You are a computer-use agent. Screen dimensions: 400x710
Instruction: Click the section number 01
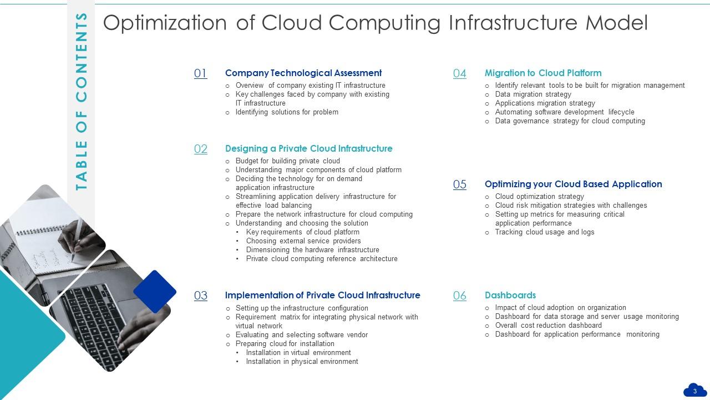200,73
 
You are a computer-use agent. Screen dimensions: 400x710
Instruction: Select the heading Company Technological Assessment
303,73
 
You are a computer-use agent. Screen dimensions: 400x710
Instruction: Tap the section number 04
459,73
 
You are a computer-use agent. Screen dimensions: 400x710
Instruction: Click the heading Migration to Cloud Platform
543,73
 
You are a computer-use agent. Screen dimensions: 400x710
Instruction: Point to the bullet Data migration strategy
532,94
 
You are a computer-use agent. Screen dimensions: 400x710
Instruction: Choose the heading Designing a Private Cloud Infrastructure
308,148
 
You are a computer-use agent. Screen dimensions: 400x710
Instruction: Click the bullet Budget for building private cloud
287,161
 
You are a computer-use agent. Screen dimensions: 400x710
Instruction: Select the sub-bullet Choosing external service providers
303,241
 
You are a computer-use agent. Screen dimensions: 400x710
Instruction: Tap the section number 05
459,184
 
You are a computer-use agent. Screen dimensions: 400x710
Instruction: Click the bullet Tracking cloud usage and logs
544,232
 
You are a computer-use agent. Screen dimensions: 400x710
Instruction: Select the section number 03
200,296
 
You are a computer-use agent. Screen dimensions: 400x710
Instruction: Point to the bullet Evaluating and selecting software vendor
301,335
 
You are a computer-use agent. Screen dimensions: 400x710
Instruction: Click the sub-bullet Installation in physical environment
302,362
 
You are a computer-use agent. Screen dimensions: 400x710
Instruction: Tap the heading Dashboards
510,295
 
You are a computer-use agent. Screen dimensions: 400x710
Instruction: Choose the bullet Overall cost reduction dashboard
548,326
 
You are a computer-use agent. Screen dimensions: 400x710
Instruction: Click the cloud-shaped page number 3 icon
694,391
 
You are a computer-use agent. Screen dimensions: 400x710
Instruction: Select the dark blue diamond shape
155,291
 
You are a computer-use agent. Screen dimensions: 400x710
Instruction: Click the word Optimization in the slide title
165,23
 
